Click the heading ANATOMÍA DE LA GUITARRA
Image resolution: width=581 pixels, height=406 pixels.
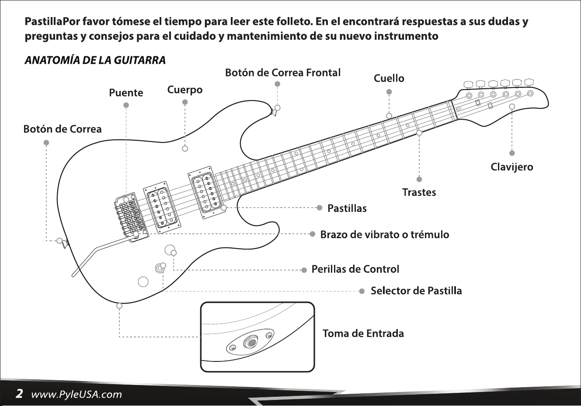(x=95, y=60)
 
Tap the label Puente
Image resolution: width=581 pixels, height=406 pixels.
(x=126, y=93)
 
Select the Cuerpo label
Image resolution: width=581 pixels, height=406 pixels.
(x=185, y=90)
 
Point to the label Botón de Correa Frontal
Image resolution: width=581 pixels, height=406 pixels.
(x=283, y=73)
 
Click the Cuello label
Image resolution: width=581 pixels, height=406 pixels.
(x=389, y=78)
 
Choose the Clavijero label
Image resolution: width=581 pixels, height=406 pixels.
(x=512, y=167)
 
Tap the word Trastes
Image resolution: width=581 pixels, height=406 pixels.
(x=419, y=192)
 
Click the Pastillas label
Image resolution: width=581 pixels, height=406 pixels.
(x=347, y=208)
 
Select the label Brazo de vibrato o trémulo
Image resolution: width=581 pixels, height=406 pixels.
(x=385, y=234)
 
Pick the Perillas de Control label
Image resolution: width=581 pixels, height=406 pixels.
(x=355, y=269)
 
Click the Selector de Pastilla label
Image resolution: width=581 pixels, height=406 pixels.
(x=416, y=291)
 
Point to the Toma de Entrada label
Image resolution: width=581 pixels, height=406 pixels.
(x=363, y=333)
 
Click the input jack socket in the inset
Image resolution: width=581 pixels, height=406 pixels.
(x=251, y=343)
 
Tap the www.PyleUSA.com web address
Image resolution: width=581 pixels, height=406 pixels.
(x=77, y=394)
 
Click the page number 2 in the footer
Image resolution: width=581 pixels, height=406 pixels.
(x=19, y=394)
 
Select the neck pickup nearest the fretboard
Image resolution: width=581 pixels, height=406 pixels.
(x=205, y=192)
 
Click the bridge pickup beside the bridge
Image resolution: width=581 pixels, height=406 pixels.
(x=161, y=208)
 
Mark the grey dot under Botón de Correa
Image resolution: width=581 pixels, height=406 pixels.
(x=46, y=142)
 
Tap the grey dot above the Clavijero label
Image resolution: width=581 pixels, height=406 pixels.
(x=512, y=153)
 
